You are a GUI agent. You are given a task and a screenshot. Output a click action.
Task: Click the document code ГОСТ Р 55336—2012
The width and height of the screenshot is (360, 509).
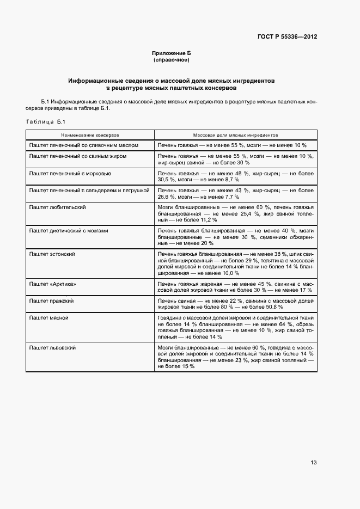pyautogui.click(x=287, y=37)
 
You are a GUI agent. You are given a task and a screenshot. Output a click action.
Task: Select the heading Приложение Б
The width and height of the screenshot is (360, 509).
pyautogui.click(x=172, y=53)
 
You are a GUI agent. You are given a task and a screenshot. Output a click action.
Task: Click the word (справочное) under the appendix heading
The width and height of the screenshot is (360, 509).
pyautogui.click(x=172, y=59)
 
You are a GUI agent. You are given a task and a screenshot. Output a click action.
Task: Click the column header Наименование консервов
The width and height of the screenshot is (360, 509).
pyautogui.click(x=90, y=134)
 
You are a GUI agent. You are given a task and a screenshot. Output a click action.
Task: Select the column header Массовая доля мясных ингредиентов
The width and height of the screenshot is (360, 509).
pyautogui.click(x=235, y=134)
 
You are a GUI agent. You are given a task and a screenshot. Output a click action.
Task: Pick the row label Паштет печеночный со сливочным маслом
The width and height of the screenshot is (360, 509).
pyautogui.click(x=83, y=145)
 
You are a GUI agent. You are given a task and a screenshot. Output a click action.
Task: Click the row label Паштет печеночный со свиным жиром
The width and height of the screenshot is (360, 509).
pyautogui.click(x=78, y=156)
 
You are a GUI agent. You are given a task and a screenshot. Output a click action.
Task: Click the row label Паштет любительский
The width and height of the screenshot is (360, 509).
pyautogui.click(x=57, y=207)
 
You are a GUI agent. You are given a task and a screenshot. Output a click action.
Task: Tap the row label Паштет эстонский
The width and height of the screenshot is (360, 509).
pyautogui.click(x=52, y=254)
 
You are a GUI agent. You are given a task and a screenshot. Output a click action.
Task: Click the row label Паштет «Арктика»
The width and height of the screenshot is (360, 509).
pyautogui.click(x=52, y=284)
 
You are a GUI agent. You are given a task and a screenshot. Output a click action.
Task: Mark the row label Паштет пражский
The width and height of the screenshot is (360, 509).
pyautogui.click(x=52, y=301)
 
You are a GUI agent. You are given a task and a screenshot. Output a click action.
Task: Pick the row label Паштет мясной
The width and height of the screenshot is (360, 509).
pyautogui.click(x=49, y=317)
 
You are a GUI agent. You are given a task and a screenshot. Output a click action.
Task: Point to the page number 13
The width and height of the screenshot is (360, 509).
pyautogui.click(x=313, y=463)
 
